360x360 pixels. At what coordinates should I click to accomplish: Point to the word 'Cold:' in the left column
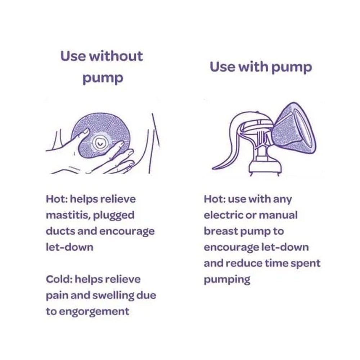59,279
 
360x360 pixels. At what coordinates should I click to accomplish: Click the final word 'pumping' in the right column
227,280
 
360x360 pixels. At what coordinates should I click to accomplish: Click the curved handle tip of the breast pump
214,168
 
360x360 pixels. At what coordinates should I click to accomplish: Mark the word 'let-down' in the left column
69,247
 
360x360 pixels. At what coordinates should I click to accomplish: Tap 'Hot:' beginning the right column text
215,199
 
